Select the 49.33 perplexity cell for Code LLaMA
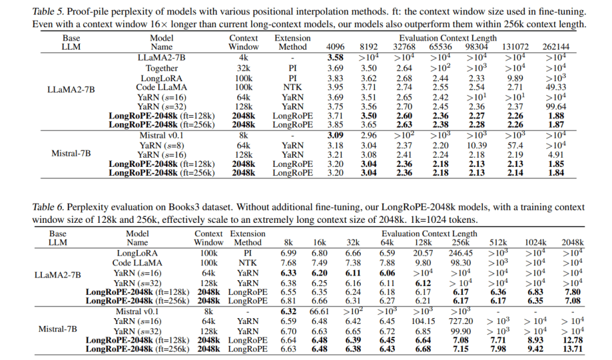point(555,88)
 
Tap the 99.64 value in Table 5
point(555,107)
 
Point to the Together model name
point(162,68)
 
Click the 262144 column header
point(555,48)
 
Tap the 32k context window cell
point(244,68)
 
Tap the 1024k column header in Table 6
point(536,243)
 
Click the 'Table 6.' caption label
point(50,207)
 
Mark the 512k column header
point(499,243)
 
